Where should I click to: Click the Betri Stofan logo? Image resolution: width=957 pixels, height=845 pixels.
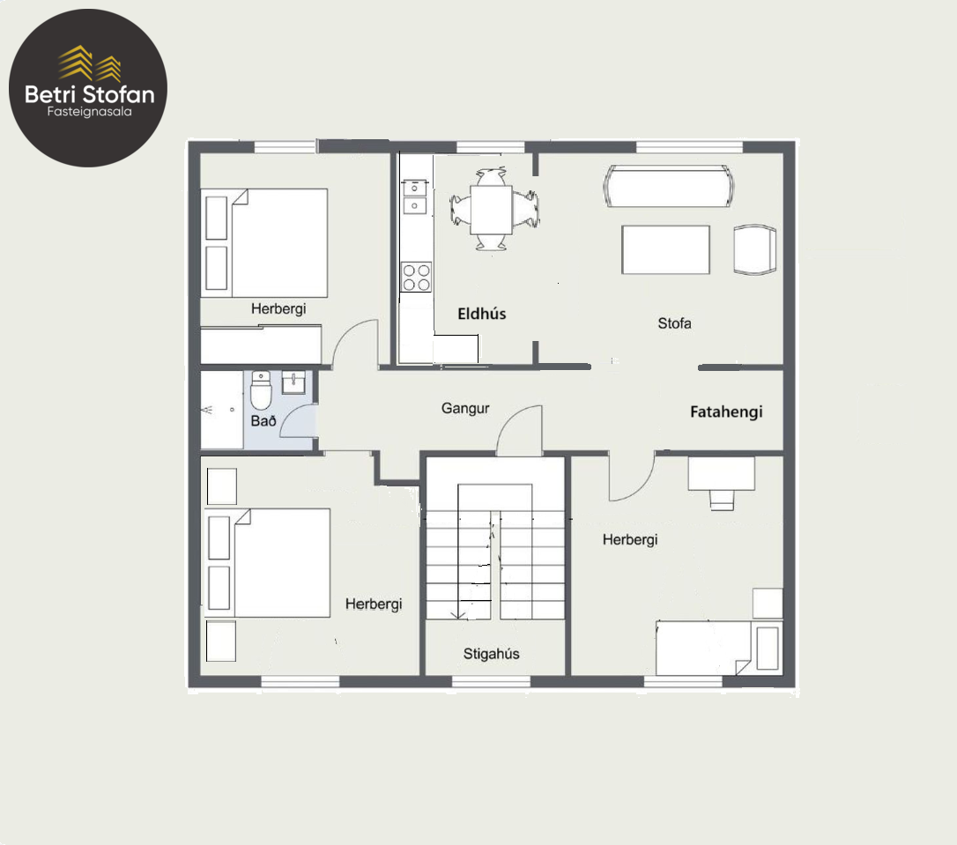(88, 88)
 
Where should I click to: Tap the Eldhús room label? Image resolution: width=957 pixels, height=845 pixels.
(481, 315)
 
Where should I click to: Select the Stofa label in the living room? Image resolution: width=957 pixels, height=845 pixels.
(674, 323)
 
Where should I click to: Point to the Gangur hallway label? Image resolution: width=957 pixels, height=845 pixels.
(465, 408)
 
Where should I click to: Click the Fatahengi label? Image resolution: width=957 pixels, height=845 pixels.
(726, 411)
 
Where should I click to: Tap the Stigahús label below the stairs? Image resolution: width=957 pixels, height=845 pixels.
(492, 654)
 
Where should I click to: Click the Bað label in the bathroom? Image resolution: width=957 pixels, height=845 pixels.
(263, 421)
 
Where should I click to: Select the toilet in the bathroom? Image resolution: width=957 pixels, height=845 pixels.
(261, 390)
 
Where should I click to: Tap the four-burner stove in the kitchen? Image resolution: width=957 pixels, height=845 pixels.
(416, 277)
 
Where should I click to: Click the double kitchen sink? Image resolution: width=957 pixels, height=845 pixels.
(414, 196)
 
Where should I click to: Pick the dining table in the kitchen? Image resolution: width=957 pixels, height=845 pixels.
(492, 210)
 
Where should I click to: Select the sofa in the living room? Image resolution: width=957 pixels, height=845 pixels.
(669, 187)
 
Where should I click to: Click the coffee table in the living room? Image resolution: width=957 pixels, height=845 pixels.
(665, 249)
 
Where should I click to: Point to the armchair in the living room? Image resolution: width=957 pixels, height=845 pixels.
(755, 249)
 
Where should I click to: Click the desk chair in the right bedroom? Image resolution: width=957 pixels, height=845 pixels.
(722, 500)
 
